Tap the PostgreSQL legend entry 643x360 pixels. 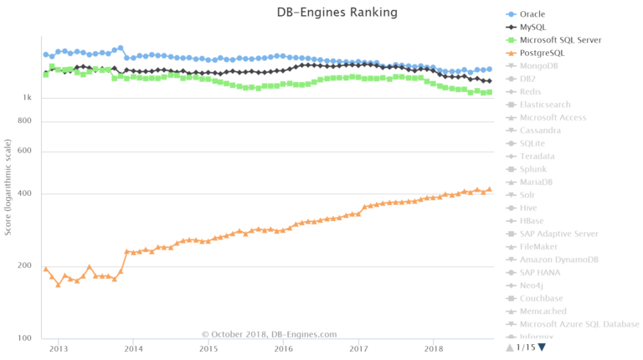pos(542,53)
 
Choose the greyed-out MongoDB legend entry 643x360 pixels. pos(540,66)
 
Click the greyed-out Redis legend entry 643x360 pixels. pos(531,91)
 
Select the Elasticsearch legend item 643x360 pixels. pos(545,105)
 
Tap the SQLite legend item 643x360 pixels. pos(532,143)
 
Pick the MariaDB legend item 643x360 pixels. pos(536,182)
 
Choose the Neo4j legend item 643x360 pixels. pos(532,285)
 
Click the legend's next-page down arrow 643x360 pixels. pos(542,347)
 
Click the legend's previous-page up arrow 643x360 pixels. pos(509,347)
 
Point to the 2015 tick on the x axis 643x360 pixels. pos(208,348)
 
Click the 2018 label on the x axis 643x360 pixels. pos(434,348)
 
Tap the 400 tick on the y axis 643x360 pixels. pos(24,194)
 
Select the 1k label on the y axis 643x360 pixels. pos(27,98)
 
